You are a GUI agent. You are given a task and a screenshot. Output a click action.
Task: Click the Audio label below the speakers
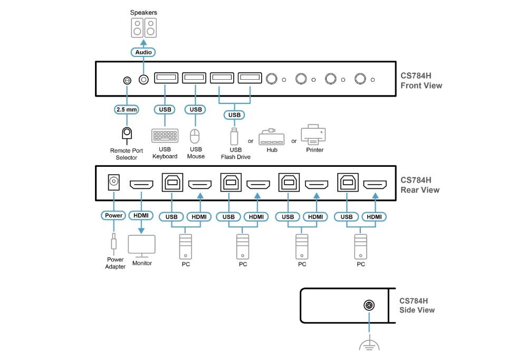(x=144, y=52)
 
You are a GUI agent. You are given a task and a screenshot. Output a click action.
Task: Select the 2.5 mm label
(x=127, y=110)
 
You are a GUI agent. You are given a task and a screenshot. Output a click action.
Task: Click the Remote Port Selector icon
(x=127, y=134)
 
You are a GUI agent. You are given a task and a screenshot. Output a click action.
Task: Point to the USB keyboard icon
(x=165, y=136)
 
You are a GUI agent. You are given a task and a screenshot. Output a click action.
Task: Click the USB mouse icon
(x=195, y=137)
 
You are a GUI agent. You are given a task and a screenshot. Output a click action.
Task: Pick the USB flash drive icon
(x=234, y=136)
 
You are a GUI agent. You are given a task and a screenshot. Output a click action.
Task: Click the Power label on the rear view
(x=113, y=215)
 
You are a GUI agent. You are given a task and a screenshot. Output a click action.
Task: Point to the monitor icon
(x=142, y=247)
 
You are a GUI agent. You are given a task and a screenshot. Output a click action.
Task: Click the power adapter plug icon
(x=113, y=242)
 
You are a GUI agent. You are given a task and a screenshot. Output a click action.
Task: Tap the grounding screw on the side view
(x=369, y=306)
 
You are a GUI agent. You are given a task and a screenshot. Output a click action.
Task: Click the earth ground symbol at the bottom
(x=369, y=344)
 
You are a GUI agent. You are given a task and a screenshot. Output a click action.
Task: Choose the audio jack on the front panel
(x=144, y=79)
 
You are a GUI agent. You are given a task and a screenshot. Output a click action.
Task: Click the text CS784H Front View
(x=421, y=81)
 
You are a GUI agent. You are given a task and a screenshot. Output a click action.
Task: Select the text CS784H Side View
(x=417, y=305)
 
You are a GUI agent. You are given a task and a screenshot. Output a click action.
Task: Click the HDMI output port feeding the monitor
(x=142, y=185)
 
